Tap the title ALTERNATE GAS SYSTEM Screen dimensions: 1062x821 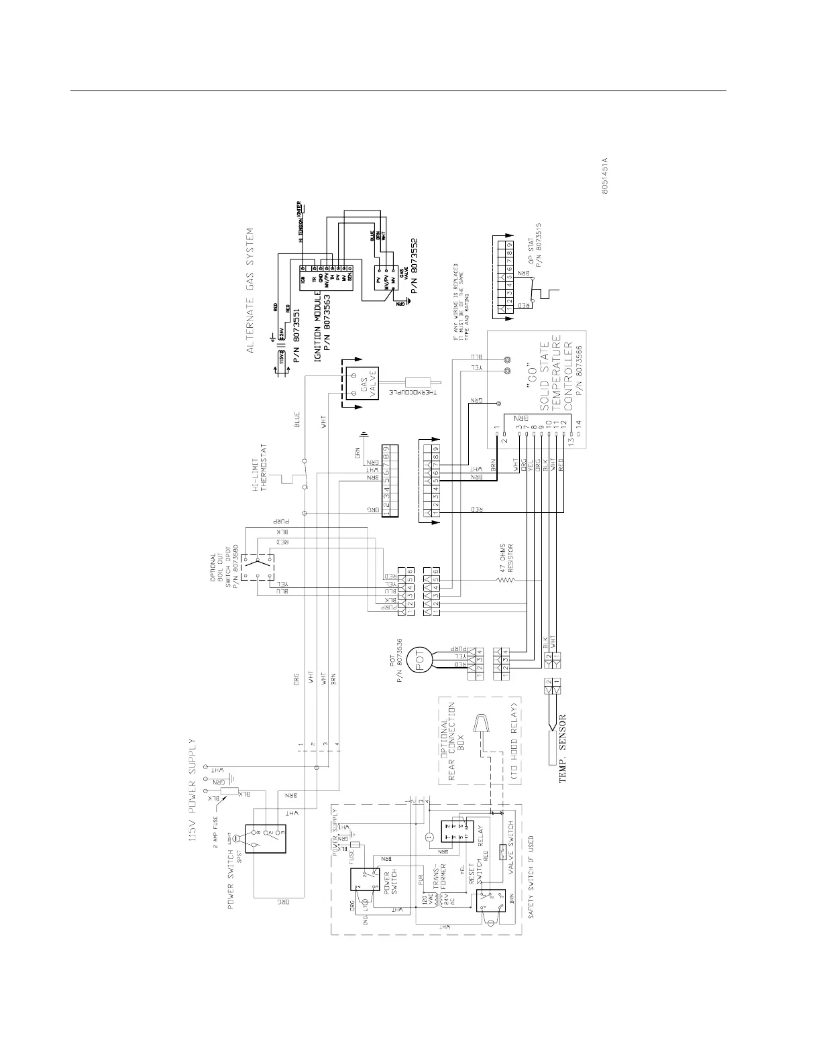coord(250,290)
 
